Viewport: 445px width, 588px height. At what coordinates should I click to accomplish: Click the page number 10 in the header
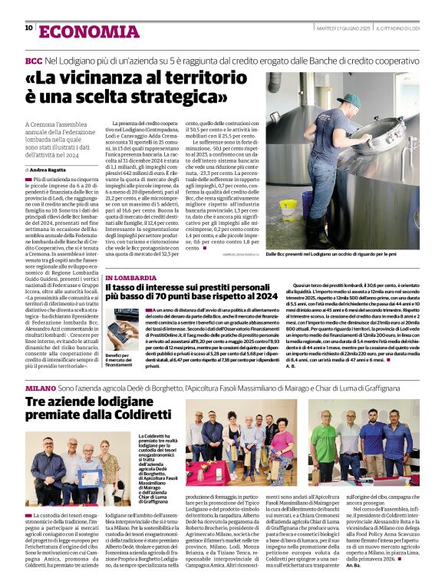point(28,28)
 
